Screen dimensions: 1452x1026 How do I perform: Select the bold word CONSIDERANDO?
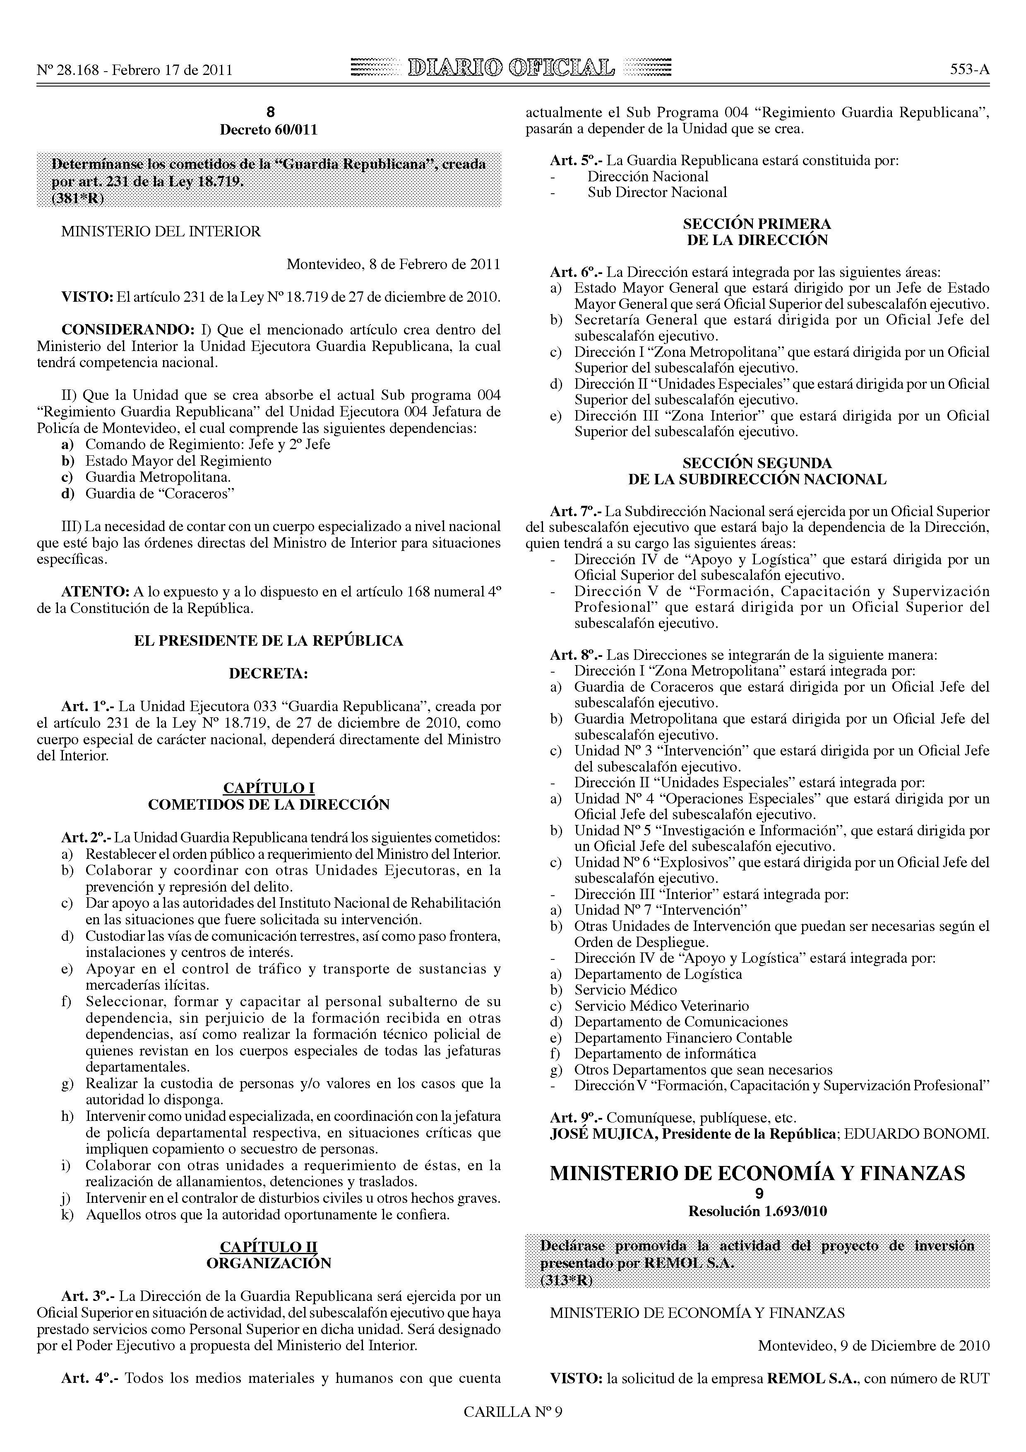tap(128, 329)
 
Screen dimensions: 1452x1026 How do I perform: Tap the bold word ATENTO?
tap(95, 592)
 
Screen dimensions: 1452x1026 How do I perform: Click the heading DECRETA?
tap(269, 673)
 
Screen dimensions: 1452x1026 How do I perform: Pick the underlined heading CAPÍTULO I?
tap(269, 788)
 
